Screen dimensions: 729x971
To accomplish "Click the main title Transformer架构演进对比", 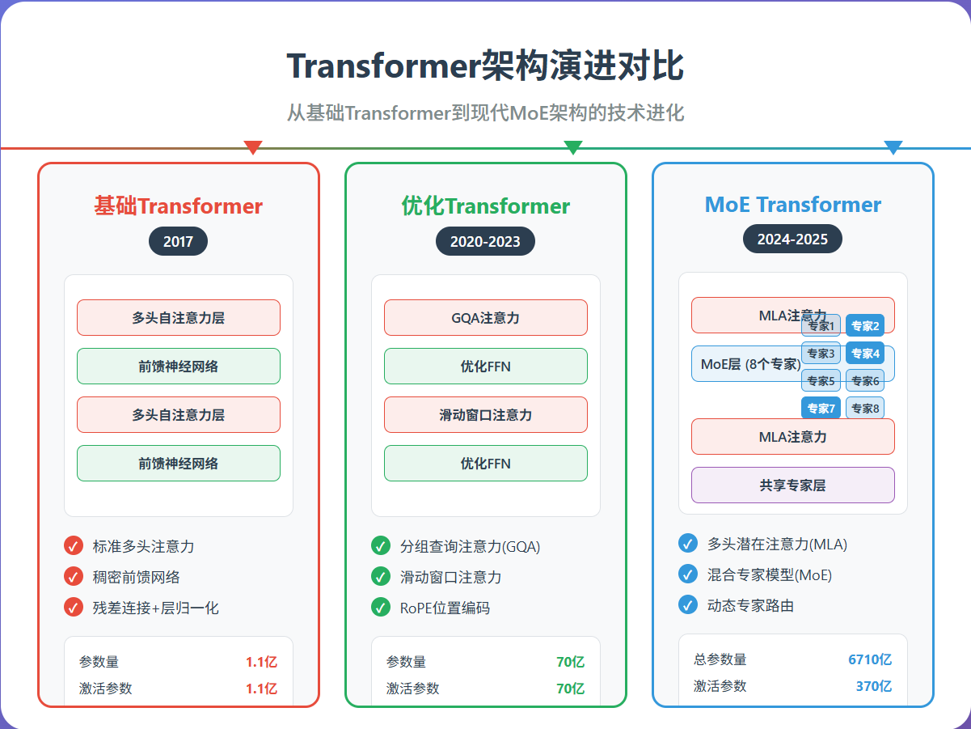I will [485, 66].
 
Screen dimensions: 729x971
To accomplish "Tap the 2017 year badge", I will [178, 241].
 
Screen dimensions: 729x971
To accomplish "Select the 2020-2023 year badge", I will [485, 241].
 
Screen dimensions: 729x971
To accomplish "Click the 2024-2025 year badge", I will [792, 239].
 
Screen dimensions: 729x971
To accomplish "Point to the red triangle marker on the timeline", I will [253, 147].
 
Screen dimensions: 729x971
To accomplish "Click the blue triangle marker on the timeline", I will [893, 147].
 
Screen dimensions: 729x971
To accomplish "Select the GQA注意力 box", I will [485, 318].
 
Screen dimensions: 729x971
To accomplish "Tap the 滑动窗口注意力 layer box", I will [485, 415].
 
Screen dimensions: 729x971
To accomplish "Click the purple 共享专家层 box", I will [792, 485].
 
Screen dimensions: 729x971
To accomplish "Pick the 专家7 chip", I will [821, 408].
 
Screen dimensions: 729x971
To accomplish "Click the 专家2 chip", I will [865, 326].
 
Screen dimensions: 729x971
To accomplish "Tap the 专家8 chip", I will [865, 408].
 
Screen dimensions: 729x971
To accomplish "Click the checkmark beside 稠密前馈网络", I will [74, 577].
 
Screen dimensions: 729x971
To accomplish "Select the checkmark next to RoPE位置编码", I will [381, 608].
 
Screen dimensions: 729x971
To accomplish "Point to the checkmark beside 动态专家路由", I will [688, 604].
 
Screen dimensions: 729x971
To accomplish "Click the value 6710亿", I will [869, 659].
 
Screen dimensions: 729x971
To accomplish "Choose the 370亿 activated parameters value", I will [873, 686].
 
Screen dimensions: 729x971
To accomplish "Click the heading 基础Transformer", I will [178, 206].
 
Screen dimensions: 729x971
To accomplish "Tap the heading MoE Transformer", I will [792, 205].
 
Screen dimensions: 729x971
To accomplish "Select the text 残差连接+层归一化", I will [155, 608].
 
